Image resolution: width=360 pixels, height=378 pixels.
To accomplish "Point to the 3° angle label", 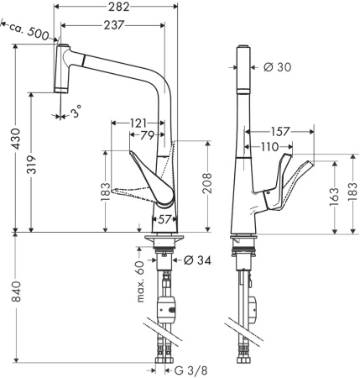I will click(76, 111).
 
